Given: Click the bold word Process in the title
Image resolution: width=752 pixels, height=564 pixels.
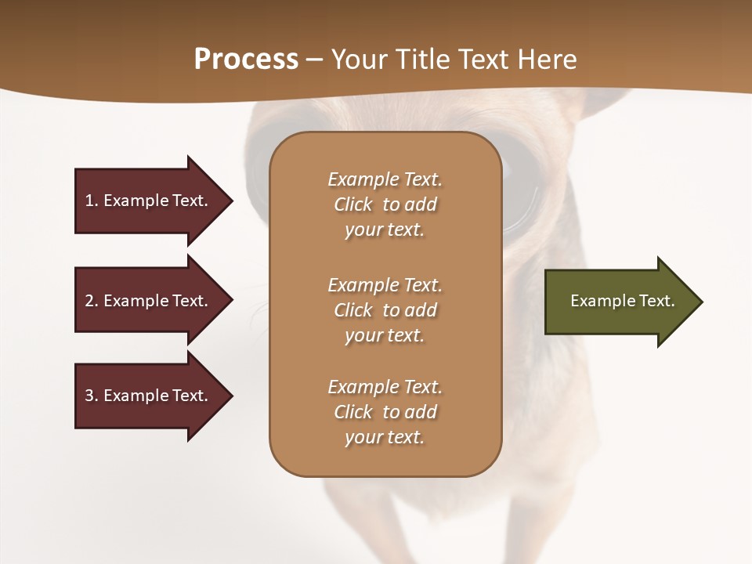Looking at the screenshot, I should [x=246, y=60].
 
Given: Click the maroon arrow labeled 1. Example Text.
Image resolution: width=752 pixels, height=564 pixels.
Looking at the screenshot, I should [x=149, y=201].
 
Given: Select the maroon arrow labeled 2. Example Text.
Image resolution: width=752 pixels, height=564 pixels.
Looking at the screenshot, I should [x=149, y=301].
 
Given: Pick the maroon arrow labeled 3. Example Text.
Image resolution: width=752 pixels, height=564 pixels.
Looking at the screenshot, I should [x=149, y=396].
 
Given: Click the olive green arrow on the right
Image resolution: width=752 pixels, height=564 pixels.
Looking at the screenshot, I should [x=619, y=302].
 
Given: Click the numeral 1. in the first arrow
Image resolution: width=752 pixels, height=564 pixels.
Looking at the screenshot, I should [x=92, y=201].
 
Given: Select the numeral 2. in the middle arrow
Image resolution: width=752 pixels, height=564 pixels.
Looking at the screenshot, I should [x=92, y=301].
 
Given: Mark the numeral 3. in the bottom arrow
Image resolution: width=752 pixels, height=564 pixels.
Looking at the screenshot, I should [x=92, y=396].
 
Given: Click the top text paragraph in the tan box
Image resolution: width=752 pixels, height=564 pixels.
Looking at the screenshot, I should [x=385, y=204].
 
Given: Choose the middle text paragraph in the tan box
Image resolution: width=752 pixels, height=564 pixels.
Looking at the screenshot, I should [x=385, y=310].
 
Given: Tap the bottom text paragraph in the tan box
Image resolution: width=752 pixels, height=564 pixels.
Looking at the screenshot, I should [x=385, y=412].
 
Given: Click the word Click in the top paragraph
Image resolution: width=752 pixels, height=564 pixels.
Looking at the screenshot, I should [x=353, y=204].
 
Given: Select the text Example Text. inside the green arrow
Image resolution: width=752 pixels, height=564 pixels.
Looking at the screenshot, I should [x=622, y=301].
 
